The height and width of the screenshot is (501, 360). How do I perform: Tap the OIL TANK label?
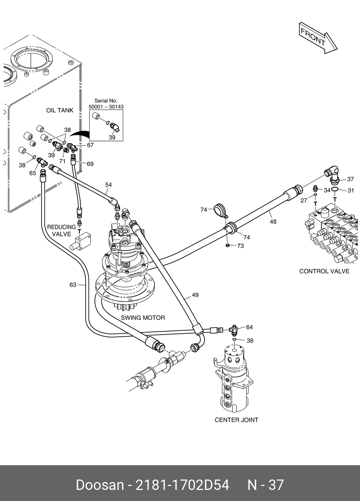point(59,110)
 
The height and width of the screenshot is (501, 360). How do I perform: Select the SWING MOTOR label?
point(143,317)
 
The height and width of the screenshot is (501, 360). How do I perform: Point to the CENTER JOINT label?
point(236,420)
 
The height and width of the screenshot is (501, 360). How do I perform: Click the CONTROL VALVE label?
point(324,271)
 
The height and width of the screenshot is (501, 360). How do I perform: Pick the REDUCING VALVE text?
point(61,230)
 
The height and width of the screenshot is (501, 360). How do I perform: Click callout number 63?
point(73,284)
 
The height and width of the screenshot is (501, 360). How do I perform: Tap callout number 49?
point(195,295)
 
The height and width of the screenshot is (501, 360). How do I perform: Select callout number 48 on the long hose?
point(273,222)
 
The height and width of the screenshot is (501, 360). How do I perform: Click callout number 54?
point(109,185)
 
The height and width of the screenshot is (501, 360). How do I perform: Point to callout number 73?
point(240,246)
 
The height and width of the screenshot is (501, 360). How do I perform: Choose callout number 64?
point(249,327)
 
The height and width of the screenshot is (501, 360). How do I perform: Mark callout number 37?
point(350,179)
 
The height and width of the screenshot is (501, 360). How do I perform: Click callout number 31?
point(351,190)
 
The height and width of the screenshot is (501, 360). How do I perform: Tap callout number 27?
point(304,200)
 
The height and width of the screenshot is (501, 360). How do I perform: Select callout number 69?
point(90,164)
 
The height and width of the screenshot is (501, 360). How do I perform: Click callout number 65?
point(33,173)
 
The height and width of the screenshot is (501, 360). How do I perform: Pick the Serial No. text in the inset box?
point(106,101)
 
